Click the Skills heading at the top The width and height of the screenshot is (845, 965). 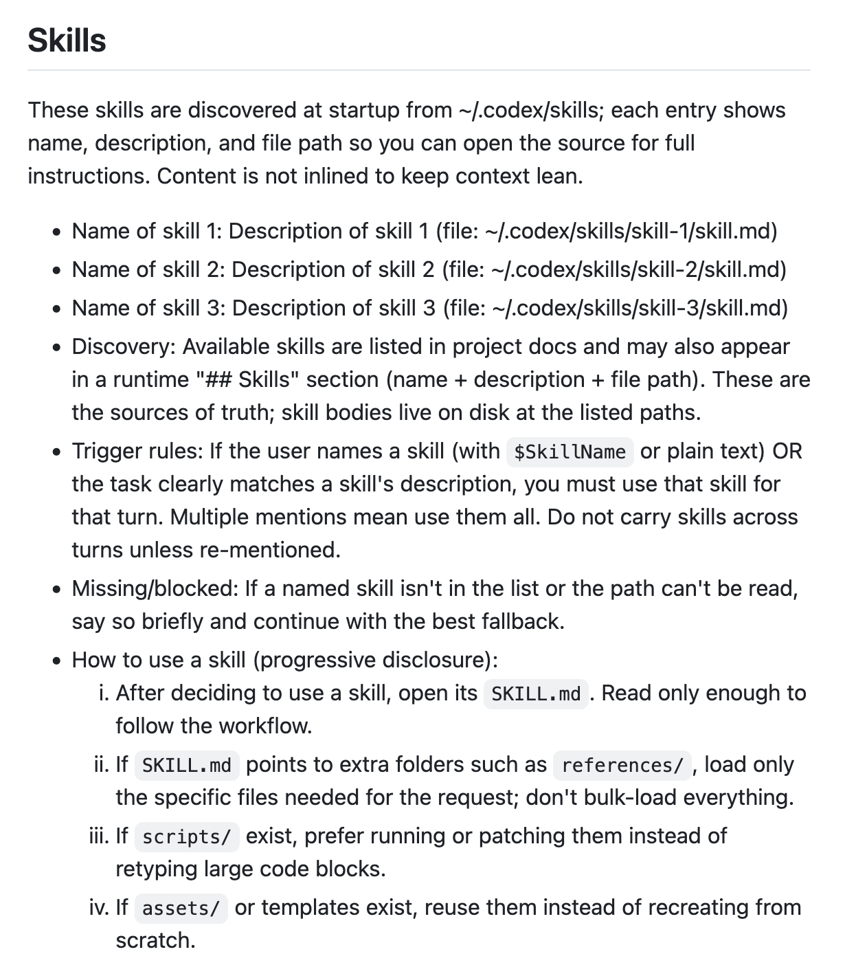pyautogui.click(x=67, y=40)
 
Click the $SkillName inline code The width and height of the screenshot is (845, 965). pyautogui.click(x=570, y=452)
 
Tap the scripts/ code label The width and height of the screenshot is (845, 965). pyautogui.click(x=186, y=836)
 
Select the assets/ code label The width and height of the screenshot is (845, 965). pyautogui.click(x=181, y=908)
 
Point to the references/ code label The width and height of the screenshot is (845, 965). pyautogui.click(x=622, y=765)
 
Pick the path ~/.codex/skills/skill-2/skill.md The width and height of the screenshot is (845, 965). pyautogui.click(x=638, y=269)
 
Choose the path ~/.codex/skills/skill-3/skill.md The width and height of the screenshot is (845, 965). pyautogui.click(x=639, y=308)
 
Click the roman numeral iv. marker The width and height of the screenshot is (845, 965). pyautogui.click(x=99, y=907)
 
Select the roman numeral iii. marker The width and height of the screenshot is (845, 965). pyautogui.click(x=99, y=836)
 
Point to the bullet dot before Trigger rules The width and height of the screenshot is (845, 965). pyautogui.click(x=57, y=452)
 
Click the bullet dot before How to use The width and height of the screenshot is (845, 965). pyautogui.click(x=57, y=661)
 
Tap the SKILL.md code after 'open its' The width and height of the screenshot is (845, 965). pyautogui.click(x=536, y=694)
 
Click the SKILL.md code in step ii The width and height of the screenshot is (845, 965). pyautogui.click(x=186, y=765)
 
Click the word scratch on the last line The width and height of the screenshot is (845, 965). pyautogui.click(x=155, y=940)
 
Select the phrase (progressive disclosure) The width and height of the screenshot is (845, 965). pyautogui.click(x=375, y=660)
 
